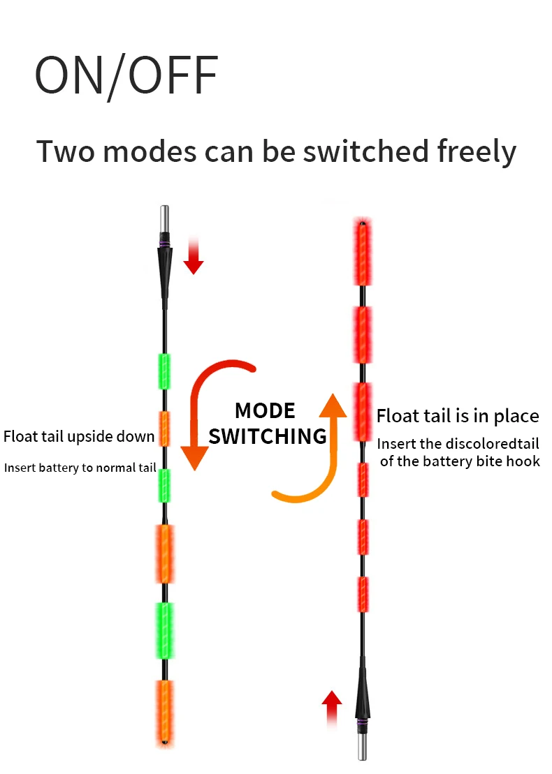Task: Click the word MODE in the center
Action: [x=265, y=410]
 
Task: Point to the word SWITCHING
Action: [x=268, y=437]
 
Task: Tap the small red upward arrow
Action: [x=333, y=706]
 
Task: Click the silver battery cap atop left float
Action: [x=165, y=223]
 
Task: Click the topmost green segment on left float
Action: [x=165, y=371]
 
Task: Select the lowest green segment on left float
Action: [x=165, y=630]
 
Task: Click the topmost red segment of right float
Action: [x=362, y=254]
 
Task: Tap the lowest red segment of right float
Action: [x=362, y=594]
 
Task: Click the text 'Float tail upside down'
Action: [x=79, y=437]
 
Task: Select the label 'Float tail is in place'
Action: [x=458, y=417]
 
